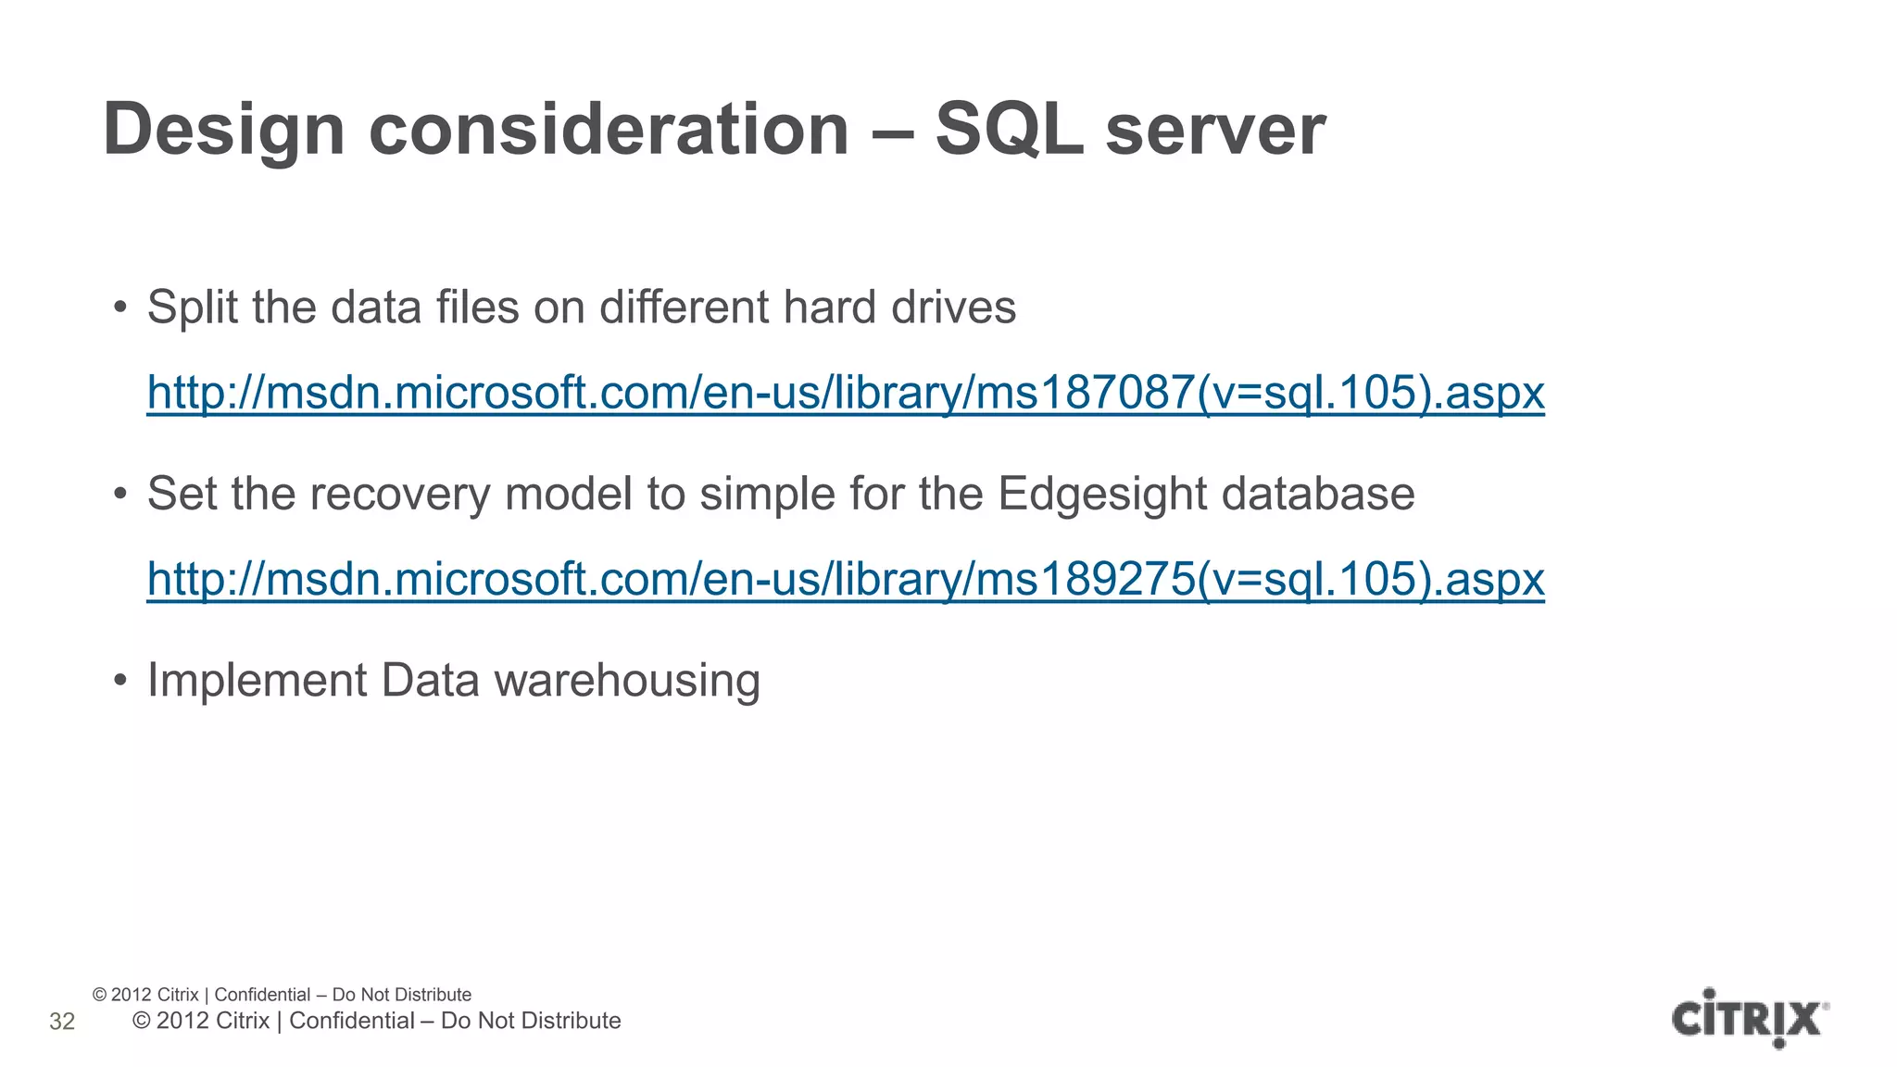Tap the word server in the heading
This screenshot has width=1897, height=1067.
pyautogui.click(x=1215, y=131)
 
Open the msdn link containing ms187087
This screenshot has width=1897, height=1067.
pyautogui.click(x=845, y=393)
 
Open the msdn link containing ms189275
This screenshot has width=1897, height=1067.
pyautogui.click(x=845, y=579)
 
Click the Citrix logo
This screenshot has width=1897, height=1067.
pyautogui.click(x=1749, y=1018)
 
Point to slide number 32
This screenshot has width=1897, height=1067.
pyautogui.click(x=62, y=1022)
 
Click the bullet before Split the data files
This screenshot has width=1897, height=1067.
pyautogui.click(x=119, y=308)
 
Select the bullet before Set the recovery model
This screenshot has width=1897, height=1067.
pyautogui.click(x=119, y=495)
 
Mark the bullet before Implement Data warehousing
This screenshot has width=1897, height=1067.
pyautogui.click(x=119, y=681)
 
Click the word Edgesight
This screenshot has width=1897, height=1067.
pyautogui.click(x=1102, y=495)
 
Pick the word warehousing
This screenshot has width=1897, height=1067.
pyautogui.click(x=627, y=681)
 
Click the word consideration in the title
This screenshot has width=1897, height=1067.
pyautogui.click(x=609, y=131)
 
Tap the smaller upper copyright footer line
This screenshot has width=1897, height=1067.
pyautogui.click(x=282, y=995)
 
